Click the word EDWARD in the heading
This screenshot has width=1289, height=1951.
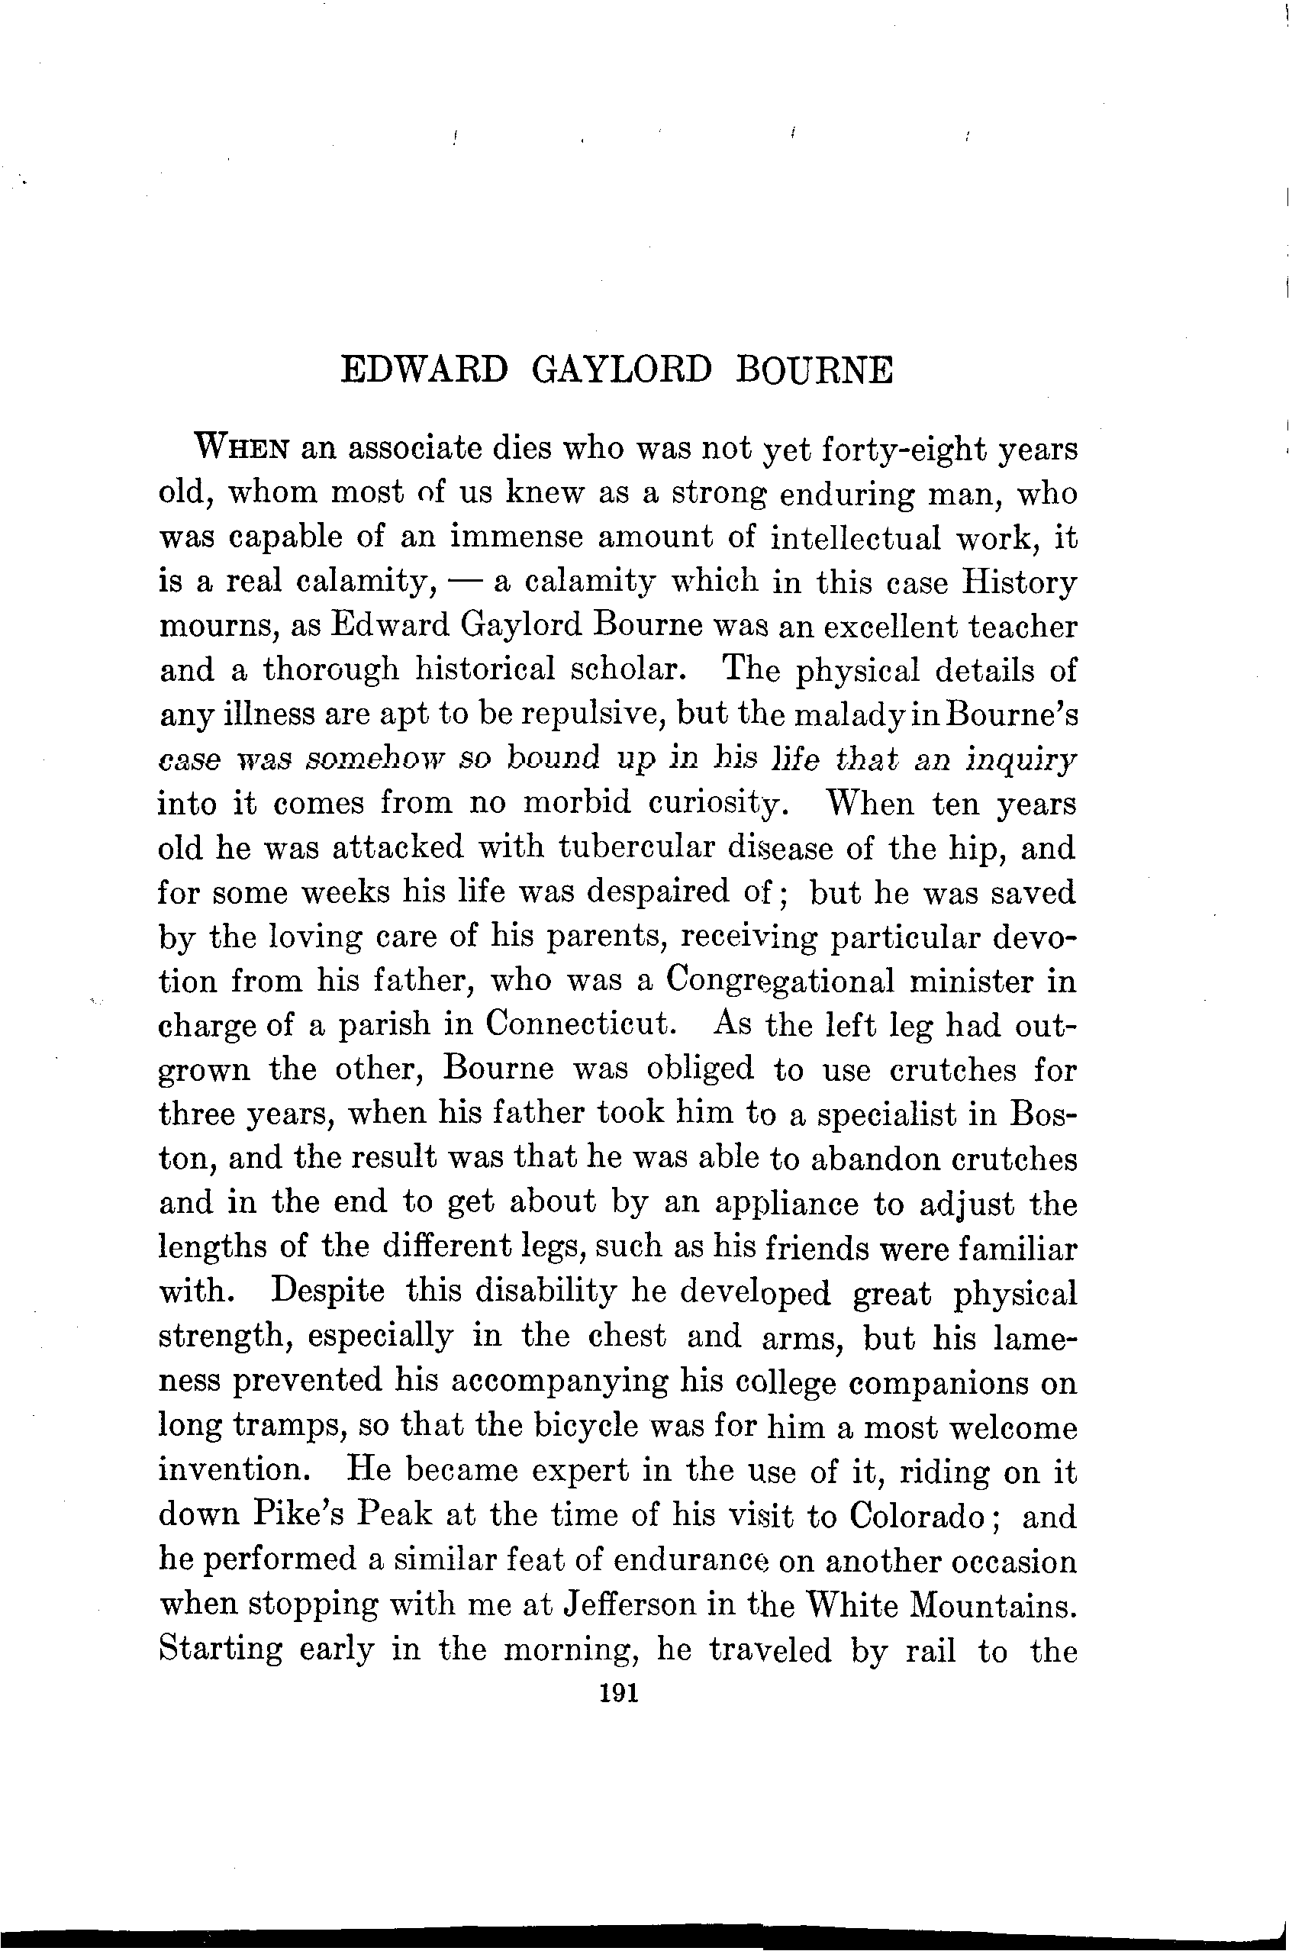pos(424,369)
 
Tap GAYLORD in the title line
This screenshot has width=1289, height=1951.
pos(621,369)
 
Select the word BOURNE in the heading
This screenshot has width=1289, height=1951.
pos(813,369)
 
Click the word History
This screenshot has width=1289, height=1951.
pos(1020,582)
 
